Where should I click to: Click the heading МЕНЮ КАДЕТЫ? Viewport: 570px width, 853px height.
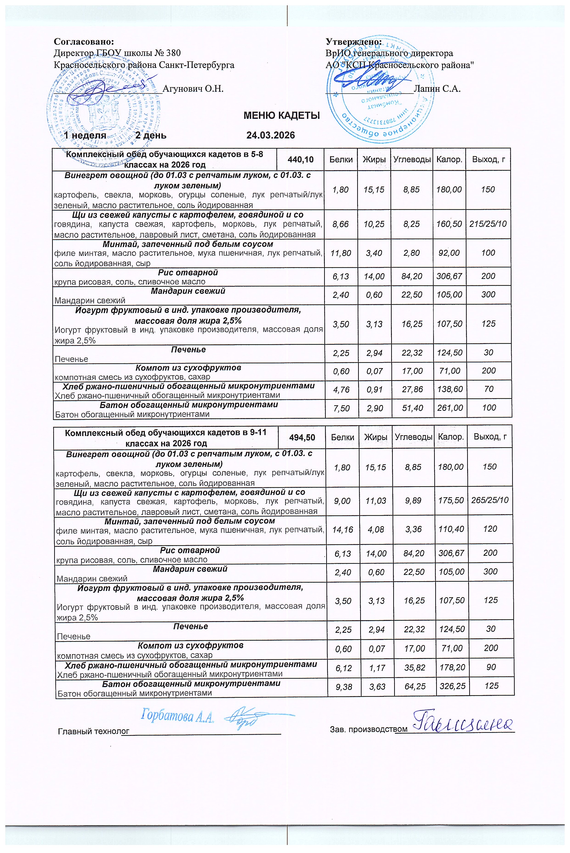[281, 116]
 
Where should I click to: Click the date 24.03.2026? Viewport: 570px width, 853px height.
[270, 136]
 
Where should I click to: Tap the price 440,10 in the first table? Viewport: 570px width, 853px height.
[301, 159]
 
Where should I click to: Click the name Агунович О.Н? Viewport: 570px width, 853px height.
[193, 89]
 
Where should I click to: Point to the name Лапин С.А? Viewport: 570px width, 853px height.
[437, 89]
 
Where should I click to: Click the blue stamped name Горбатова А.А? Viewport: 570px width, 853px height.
[177, 716]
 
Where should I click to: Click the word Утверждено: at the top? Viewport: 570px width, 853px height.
[353, 42]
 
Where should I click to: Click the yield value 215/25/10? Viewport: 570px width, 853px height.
[488, 224]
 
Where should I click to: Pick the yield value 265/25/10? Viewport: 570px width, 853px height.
[490, 500]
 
